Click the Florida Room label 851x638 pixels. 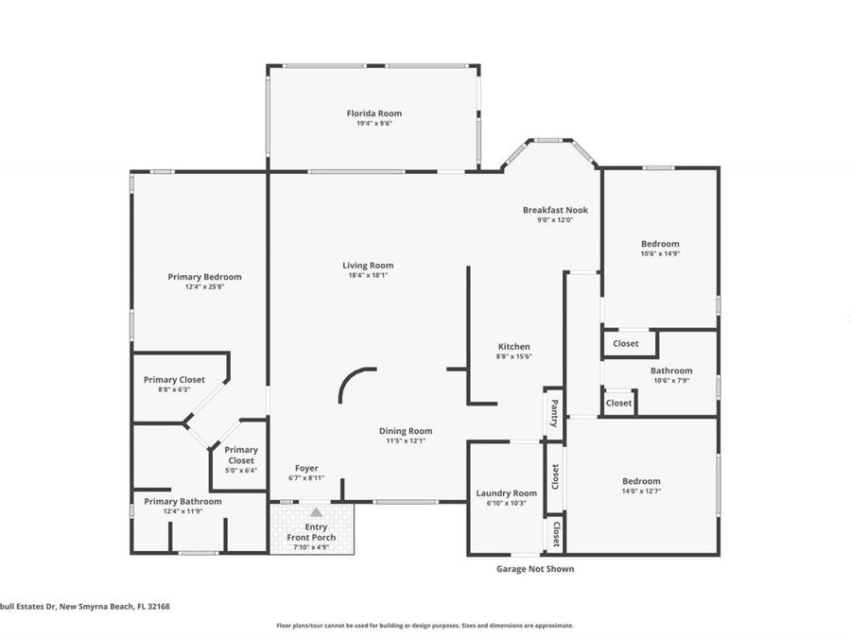(x=373, y=113)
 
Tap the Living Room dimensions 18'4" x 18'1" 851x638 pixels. (x=368, y=275)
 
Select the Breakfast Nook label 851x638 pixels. (x=555, y=210)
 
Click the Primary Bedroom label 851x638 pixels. (x=204, y=277)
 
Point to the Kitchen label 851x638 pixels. (x=513, y=347)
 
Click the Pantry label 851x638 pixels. (x=553, y=412)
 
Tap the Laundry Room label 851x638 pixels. (x=506, y=493)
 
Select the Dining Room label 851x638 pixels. (x=406, y=431)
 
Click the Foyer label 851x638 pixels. (x=305, y=468)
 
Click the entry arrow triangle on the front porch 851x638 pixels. (x=316, y=511)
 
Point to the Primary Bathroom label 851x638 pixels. (x=182, y=501)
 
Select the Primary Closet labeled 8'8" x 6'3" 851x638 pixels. (x=174, y=380)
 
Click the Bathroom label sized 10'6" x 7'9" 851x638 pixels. (x=671, y=371)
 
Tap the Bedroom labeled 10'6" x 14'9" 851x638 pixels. (x=660, y=244)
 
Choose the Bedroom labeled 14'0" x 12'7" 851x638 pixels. (x=641, y=481)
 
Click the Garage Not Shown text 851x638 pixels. (x=534, y=569)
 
